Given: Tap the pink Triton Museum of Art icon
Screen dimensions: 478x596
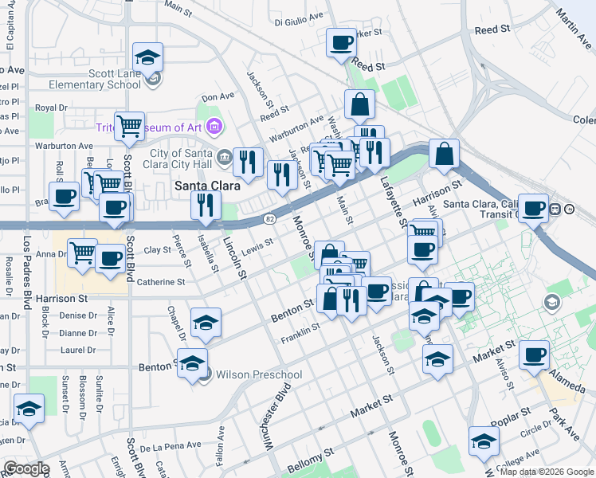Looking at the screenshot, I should [213, 127].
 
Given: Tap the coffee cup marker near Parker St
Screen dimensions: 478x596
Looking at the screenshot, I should [341, 43].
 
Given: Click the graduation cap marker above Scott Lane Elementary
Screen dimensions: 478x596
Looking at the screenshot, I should [148, 57].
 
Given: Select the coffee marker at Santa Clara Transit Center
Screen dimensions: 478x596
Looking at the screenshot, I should [534, 208].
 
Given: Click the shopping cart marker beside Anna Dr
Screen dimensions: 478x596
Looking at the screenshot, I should [82, 253].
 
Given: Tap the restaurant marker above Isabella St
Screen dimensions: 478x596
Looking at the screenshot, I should [206, 205].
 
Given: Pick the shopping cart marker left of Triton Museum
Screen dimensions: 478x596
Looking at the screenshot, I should [129, 125].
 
